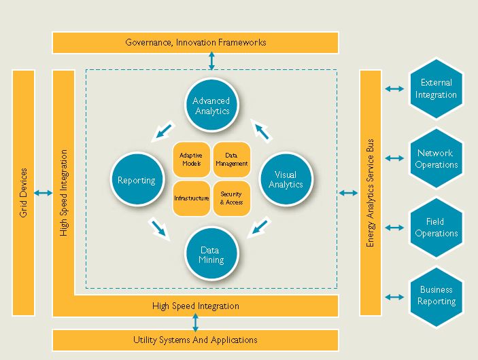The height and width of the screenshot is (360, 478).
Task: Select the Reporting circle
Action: point(137,180)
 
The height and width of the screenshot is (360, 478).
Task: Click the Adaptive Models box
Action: point(191,160)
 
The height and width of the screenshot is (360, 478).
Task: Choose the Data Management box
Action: point(231,160)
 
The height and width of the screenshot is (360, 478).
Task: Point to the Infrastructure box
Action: point(191,198)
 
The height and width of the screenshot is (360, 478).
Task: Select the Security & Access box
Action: point(231,198)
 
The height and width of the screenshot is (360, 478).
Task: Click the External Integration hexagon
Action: point(436,89)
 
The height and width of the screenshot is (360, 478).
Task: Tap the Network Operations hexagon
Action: point(436,159)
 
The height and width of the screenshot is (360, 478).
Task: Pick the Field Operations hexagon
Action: point(436,228)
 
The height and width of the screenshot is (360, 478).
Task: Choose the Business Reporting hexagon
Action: point(436,296)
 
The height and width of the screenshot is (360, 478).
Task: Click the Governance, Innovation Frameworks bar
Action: point(195,43)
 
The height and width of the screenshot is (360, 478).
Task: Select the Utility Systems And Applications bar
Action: point(195,340)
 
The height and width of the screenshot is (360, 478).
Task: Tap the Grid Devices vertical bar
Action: point(23,192)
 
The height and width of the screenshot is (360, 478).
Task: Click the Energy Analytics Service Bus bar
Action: point(371,192)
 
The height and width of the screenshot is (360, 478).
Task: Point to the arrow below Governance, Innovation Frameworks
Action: point(212,61)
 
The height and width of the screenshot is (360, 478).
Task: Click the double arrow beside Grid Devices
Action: point(43,194)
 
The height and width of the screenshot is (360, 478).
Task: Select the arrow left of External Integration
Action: point(393,89)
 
